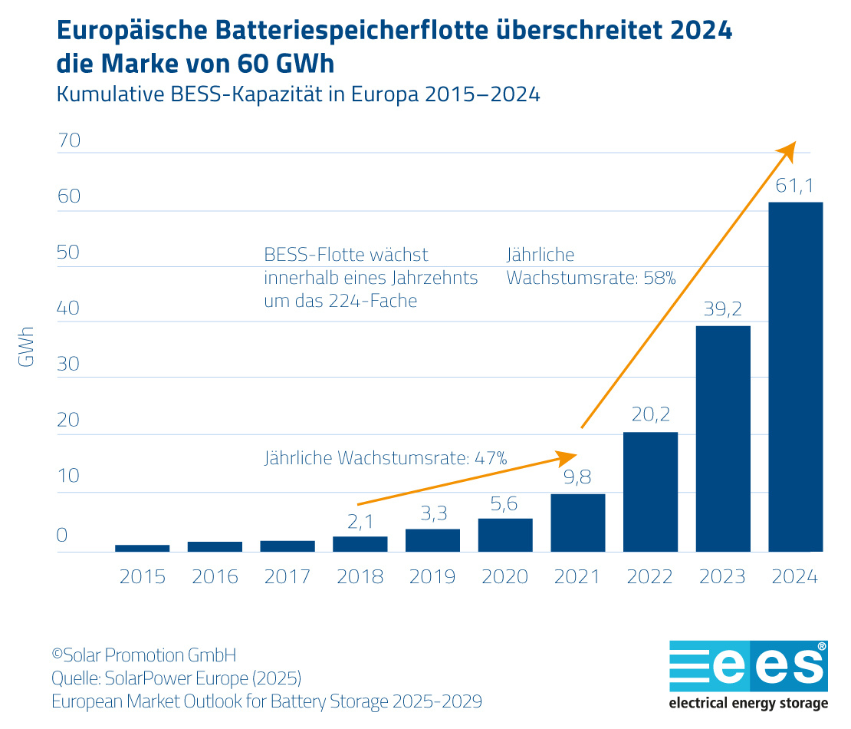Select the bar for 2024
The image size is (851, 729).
tap(795, 376)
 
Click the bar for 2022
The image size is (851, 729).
tap(650, 491)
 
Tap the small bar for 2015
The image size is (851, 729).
tap(143, 547)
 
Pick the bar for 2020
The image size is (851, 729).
tap(505, 535)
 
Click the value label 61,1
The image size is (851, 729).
tap(794, 185)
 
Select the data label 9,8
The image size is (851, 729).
tap(577, 477)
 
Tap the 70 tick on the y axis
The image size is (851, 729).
tap(68, 140)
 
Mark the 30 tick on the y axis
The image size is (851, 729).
tap(68, 364)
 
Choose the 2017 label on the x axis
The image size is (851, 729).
tap(287, 576)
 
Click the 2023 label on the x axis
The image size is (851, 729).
tap(722, 576)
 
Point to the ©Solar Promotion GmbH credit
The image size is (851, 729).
tap(143, 655)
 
